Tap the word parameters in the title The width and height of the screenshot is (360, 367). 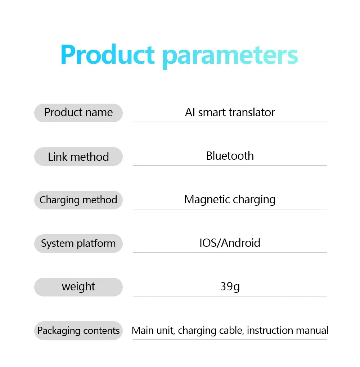pyautogui.click(x=230, y=56)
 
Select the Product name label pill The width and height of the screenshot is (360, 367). pyautogui.click(x=78, y=113)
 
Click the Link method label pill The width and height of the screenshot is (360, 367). pyautogui.click(x=78, y=157)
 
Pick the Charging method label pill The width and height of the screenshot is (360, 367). pyautogui.click(x=78, y=200)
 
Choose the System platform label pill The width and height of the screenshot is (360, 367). pyautogui.click(x=78, y=244)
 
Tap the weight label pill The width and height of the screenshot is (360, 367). pyautogui.click(x=78, y=287)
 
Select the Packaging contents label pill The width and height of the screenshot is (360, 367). pyautogui.click(x=78, y=331)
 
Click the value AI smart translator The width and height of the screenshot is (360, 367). pyautogui.click(x=230, y=112)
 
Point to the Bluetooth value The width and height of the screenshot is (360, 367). pyautogui.click(x=230, y=156)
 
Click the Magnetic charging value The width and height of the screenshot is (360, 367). pyautogui.click(x=230, y=200)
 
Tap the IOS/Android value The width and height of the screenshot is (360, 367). pyautogui.click(x=230, y=243)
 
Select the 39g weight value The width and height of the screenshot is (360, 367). pyautogui.click(x=230, y=287)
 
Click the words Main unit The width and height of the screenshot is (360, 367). pyautogui.click(x=153, y=331)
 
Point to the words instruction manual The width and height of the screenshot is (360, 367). pyautogui.click(x=288, y=331)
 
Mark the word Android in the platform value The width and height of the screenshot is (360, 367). pyautogui.click(x=241, y=243)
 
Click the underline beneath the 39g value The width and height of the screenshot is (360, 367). pyautogui.click(x=230, y=296)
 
